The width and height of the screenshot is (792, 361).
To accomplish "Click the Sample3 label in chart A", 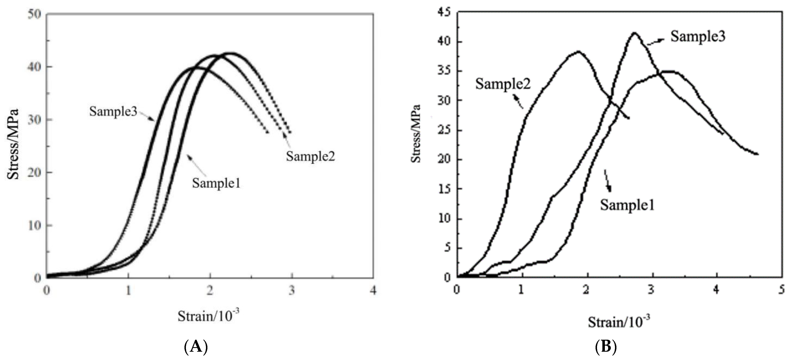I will click(x=113, y=111).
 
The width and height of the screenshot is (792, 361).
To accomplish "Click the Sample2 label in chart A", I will click(x=310, y=156).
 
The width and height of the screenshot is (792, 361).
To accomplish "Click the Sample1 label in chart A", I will click(x=216, y=183).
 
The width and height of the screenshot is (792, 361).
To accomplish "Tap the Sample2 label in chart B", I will click(x=503, y=84).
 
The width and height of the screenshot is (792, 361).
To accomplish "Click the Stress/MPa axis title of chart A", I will click(x=13, y=145).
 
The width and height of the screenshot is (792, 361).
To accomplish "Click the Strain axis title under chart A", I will click(x=208, y=316).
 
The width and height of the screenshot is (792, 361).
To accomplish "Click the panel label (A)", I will click(x=196, y=347).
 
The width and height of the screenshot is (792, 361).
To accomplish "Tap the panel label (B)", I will click(x=606, y=347).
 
